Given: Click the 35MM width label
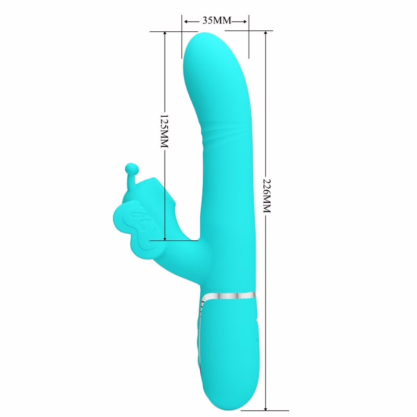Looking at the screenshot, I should click(x=215, y=21).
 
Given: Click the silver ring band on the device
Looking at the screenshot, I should click(x=229, y=296).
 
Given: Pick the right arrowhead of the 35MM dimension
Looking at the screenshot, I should click(x=246, y=21).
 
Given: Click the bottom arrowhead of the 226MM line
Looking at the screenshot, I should click(x=266, y=407).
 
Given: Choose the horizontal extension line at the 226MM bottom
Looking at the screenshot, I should click(x=255, y=410).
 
